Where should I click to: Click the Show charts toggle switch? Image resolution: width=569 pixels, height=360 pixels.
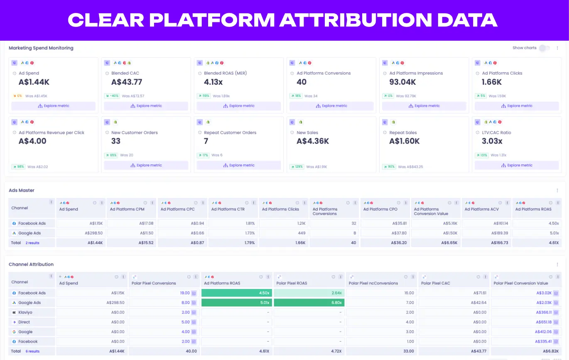[544, 48]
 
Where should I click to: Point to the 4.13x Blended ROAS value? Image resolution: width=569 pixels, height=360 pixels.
[213, 82]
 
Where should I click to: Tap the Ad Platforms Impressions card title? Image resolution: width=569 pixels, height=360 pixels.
[416, 73]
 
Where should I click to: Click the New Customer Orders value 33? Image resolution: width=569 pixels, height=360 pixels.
[116, 141]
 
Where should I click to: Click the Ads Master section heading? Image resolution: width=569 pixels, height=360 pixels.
[22, 191]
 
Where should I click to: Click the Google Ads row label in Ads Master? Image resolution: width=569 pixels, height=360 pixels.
[29, 233]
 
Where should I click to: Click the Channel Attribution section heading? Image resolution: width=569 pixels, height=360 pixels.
[31, 264]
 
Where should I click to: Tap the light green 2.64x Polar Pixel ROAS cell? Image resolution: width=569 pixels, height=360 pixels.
[309, 293]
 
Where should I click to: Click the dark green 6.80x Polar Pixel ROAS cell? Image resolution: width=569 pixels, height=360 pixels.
[309, 303]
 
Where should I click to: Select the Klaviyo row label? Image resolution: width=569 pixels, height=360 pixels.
[26, 313]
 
